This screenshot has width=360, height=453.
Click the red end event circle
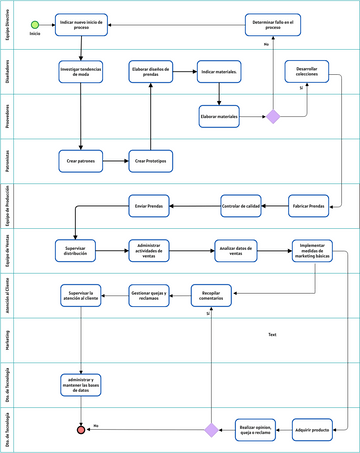click(x=81, y=430)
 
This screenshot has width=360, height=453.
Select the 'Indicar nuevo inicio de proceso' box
click(x=81, y=24)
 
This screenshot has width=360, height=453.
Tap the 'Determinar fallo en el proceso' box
click(x=273, y=24)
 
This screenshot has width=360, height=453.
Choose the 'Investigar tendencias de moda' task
click(x=81, y=72)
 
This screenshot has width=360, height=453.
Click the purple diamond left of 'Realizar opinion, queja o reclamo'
click(x=211, y=430)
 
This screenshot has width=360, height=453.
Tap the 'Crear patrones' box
click(x=81, y=159)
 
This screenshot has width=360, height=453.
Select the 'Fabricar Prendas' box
click(x=311, y=207)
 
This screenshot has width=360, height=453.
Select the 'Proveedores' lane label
click(x=7, y=116)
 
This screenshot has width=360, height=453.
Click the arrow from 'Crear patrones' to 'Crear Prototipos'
click(x=117, y=159)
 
